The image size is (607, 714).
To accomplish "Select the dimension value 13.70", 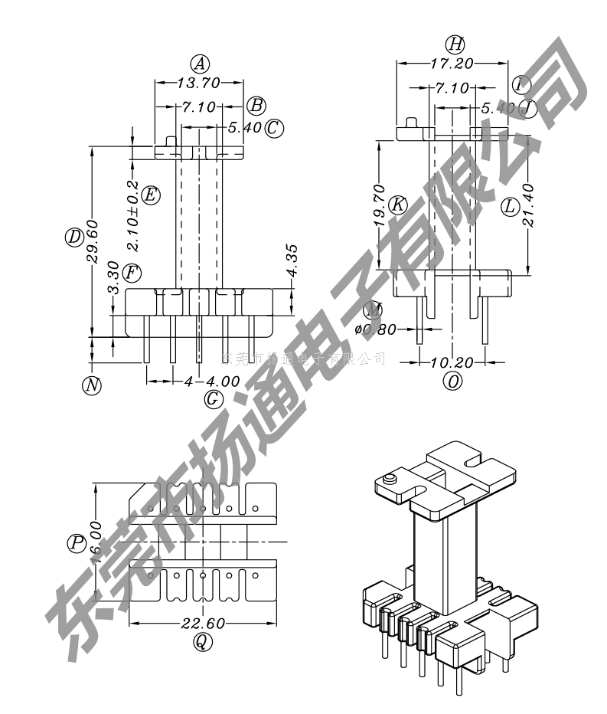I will click(x=199, y=83).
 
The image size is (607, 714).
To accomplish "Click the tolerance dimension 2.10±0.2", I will click(x=132, y=216).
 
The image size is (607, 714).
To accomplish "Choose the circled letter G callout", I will click(x=214, y=398).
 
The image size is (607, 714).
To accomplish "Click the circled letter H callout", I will click(x=455, y=44).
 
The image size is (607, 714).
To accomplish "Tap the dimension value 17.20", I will click(x=453, y=64).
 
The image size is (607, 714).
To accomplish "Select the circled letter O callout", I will click(x=454, y=381).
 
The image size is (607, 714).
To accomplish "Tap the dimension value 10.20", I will click(x=453, y=362).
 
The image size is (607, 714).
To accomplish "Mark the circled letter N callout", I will click(x=92, y=385).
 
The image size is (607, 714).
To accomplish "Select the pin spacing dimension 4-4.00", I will click(x=212, y=381).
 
